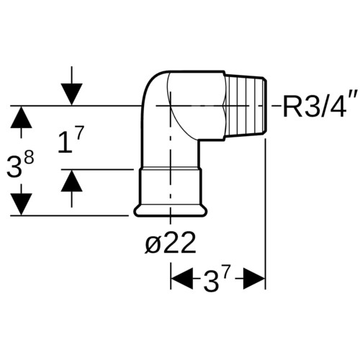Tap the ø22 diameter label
tap(171, 243)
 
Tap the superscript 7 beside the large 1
tap(79, 133)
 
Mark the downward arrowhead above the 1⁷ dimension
tap(71, 94)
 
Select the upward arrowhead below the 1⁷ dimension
tap(71, 181)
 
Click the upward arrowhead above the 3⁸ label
tap(21, 117)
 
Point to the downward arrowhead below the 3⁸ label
tap(21, 204)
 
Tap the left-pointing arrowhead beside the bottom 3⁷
tap(181, 279)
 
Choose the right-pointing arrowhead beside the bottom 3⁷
tap(254, 279)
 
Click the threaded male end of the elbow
tap(246, 106)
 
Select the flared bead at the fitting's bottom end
tap(171, 211)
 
